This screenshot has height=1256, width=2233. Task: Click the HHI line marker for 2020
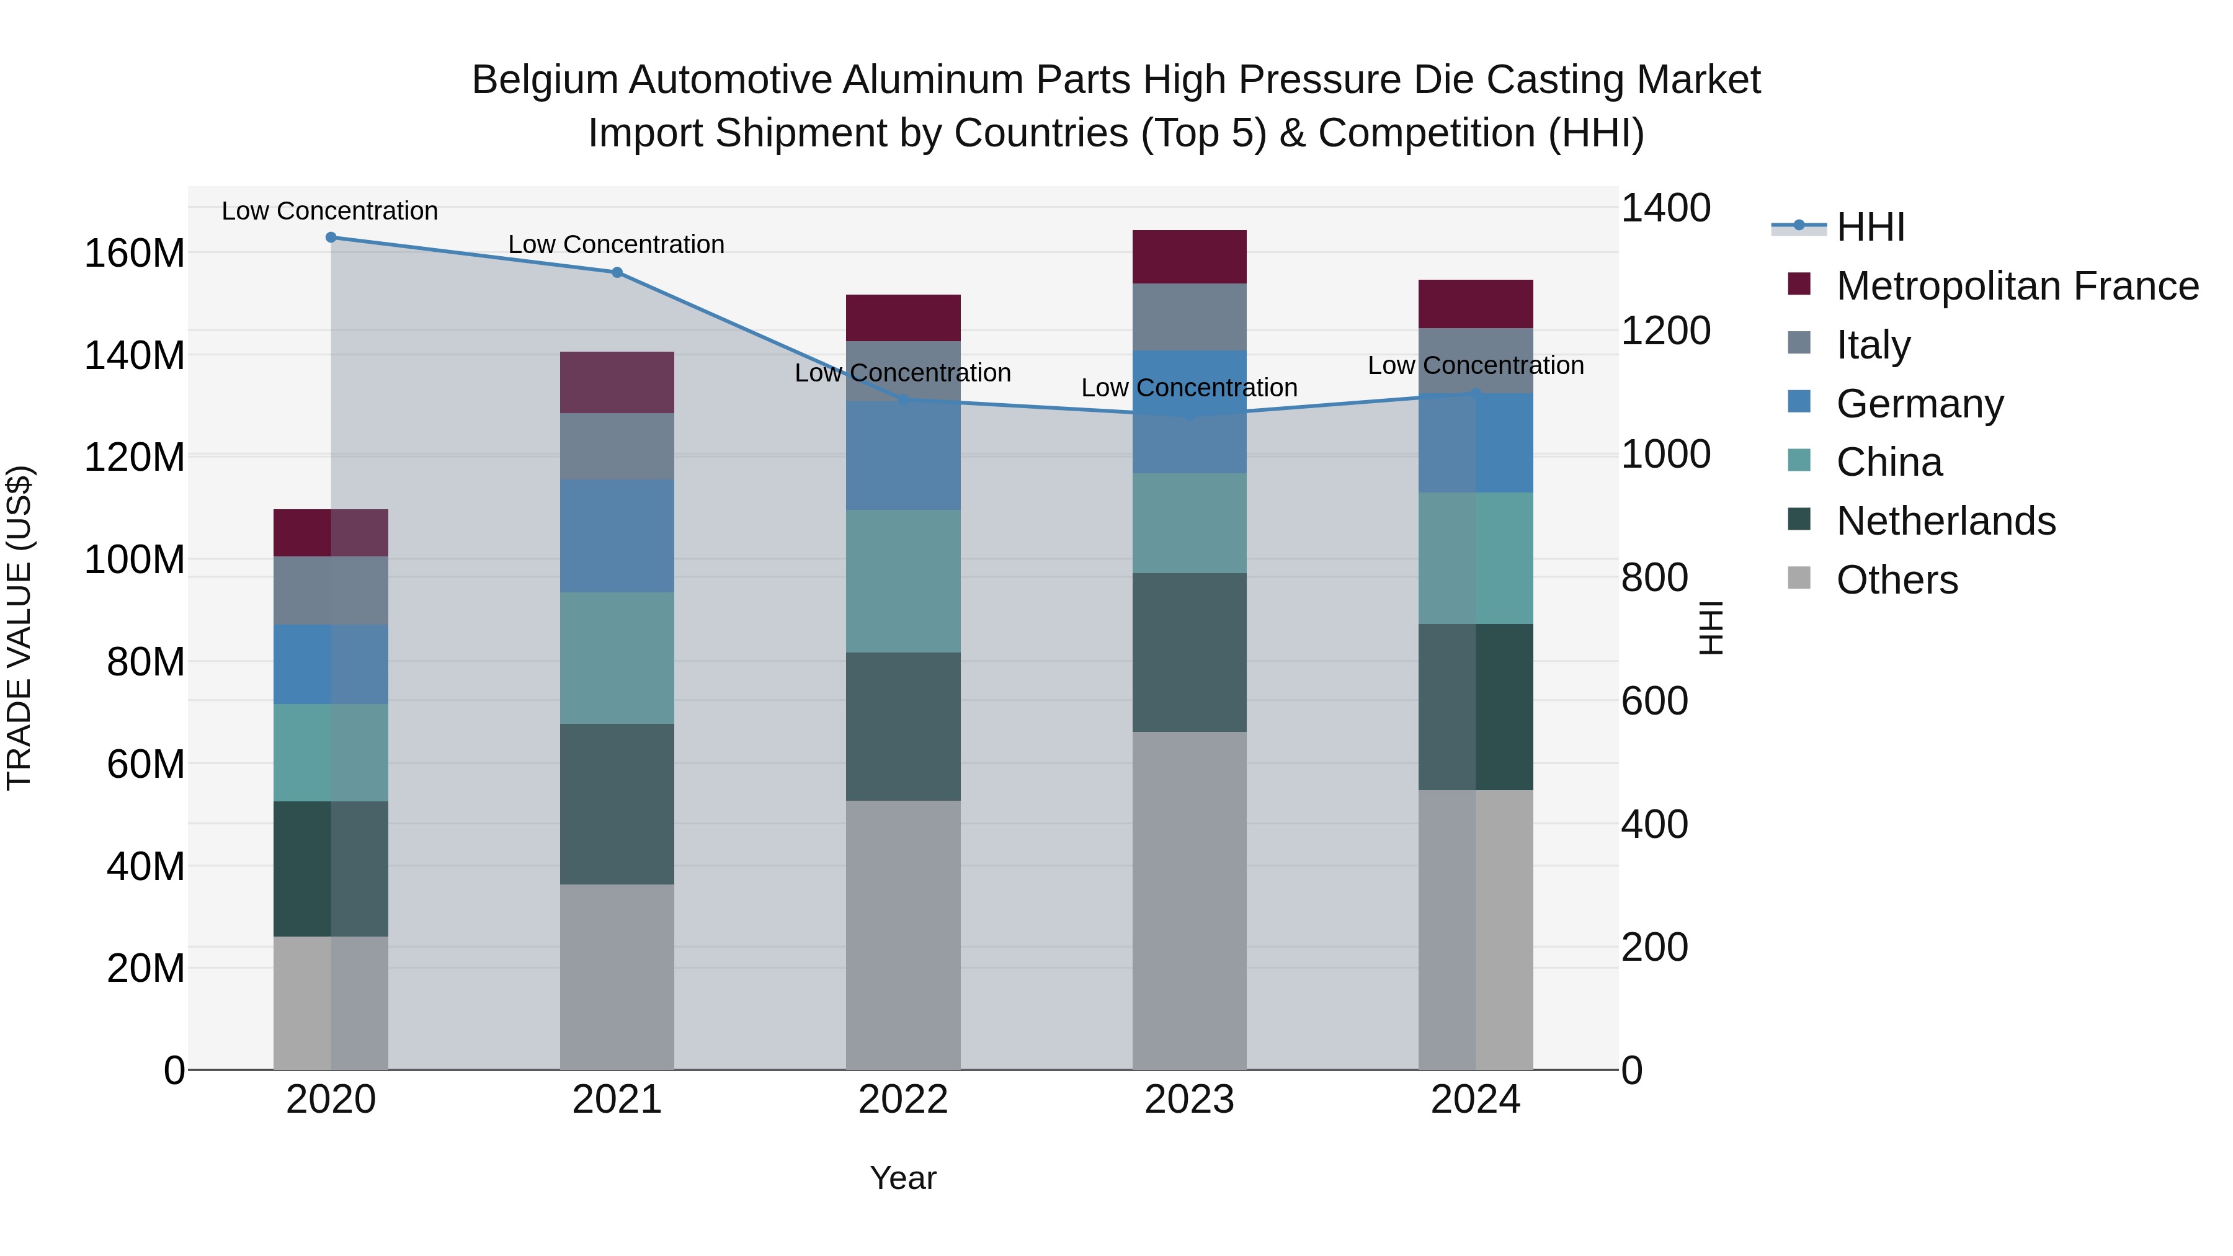[x=330, y=238]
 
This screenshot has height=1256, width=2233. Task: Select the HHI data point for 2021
[x=617, y=272]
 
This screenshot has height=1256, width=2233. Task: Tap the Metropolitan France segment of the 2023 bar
[x=1189, y=257]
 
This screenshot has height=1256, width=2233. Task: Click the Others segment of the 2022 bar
[x=903, y=935]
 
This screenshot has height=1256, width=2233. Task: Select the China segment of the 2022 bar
[x=903, y=581]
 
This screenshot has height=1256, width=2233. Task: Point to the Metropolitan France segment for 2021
[x=617, y=382]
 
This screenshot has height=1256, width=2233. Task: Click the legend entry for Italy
[x=1873, y=345]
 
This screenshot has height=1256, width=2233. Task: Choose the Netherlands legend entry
[x=1945, y=521]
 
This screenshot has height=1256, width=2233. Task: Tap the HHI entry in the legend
[x=1870, y=227]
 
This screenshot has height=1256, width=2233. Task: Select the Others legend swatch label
[x=1897, y=580]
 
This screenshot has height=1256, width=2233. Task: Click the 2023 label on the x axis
[x=1189, y=1100]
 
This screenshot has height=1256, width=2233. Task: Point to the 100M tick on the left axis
[x=135, y=560]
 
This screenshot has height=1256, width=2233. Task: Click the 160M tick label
[x=135, y=254]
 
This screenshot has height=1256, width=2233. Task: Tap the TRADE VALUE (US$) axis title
[x=19, y=628]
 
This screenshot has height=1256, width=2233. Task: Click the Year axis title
[x=903, y=1178]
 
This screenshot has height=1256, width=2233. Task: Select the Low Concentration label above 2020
[x=329, y=211]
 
